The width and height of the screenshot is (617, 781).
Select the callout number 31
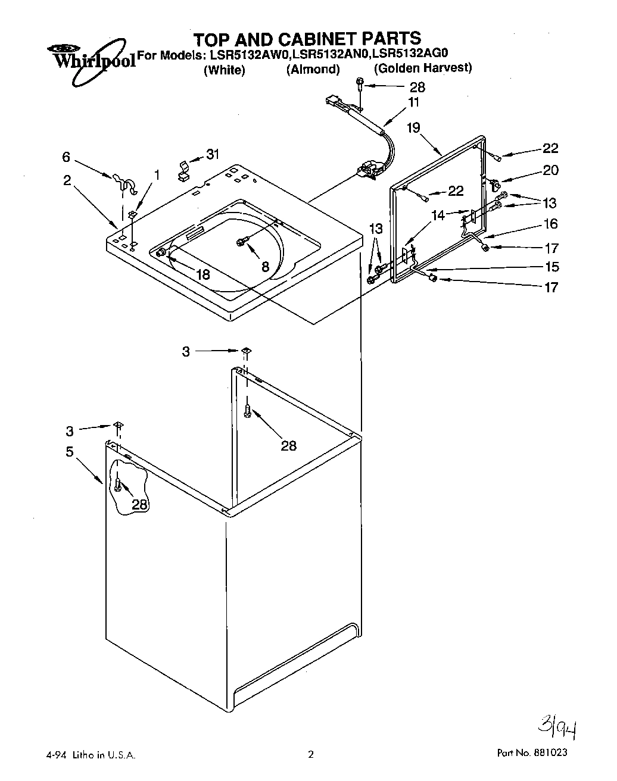(212, 154)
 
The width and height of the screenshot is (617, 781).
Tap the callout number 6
(66, 157)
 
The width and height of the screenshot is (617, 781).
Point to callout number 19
(413, 127)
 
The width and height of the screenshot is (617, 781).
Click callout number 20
(550, 170)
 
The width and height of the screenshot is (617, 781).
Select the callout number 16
(550, 224)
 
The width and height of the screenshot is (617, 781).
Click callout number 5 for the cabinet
(70, 452)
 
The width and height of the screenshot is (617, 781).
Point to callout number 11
(413, 102)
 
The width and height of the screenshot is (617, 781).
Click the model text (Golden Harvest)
(423, 68)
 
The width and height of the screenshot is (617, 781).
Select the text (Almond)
(313, 70)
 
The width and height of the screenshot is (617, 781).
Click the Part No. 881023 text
(532, 752)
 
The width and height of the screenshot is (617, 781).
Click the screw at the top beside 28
(360, 84)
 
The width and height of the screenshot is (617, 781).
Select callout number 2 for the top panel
(67, 181)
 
